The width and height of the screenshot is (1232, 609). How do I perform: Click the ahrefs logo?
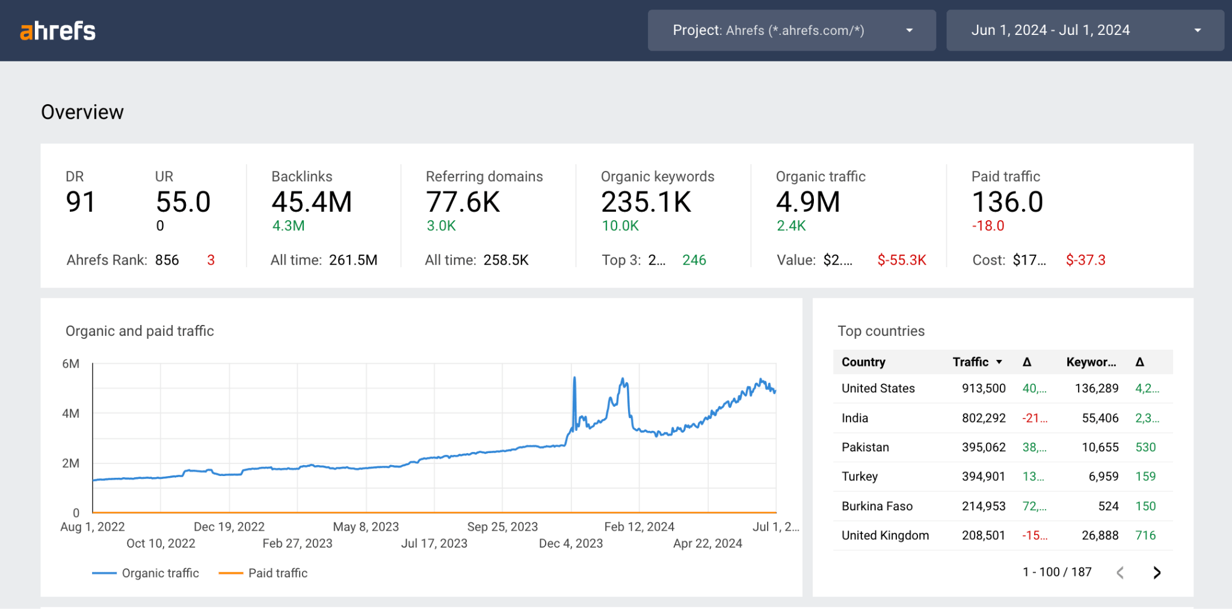tap(58, 31)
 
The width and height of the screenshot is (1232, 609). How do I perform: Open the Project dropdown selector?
tap(791, 30)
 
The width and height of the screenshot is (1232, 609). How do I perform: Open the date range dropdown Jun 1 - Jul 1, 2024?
tap(1084, 30)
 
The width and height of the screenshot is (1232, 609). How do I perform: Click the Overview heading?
tap(82, 112)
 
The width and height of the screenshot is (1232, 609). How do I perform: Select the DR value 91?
tap(80, 202)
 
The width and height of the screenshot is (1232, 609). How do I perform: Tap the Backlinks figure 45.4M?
tap(312, 202)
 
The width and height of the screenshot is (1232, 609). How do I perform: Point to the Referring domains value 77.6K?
tap(463, 202)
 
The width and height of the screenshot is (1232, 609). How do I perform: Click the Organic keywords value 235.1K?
tap(646, 202)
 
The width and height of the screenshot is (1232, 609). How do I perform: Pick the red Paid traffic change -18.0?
tap(988, 226)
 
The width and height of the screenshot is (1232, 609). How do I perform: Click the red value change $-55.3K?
tap(901, 260)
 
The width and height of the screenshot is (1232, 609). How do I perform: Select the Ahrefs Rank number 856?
tap(167, 260)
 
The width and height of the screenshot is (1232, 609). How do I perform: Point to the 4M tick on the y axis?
tap(71, 413)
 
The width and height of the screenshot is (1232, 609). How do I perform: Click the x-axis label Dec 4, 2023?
tap(570, 543)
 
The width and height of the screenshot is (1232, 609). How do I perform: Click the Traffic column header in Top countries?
tap(970, 362)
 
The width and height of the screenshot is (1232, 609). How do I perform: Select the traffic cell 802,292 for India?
tap(983, 418)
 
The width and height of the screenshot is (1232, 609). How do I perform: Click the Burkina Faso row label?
tap(876, 506)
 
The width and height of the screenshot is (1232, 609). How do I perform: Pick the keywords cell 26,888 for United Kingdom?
tap(1100, 535)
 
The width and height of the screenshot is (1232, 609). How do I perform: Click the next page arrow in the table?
tap(1156, 572)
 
